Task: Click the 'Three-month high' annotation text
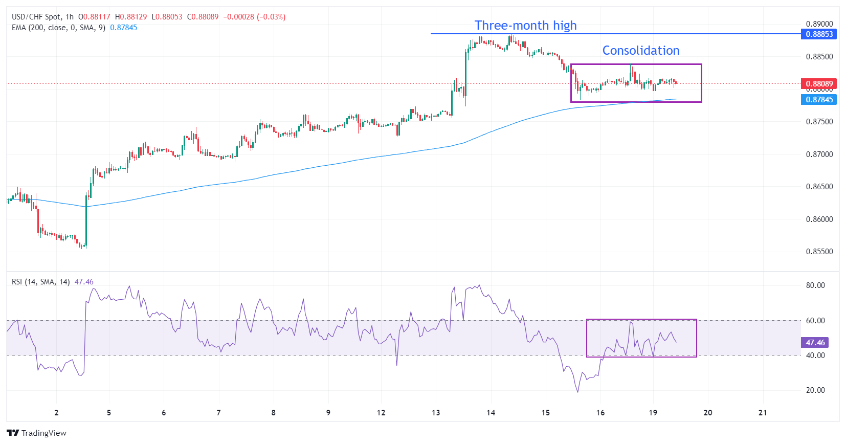tap(525, 26)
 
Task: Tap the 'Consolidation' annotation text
tap(640, 51)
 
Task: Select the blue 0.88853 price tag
tap(819, 34)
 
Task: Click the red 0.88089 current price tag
tap(819, 83)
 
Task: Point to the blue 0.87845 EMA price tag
tap(819, 100)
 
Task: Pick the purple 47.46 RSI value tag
tap(815, 343)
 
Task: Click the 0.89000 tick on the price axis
tap(819, 24)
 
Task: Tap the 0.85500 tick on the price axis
tap(819, 252)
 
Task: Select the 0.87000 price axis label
tap(819, 154)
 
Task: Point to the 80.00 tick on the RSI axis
tap(815, 285)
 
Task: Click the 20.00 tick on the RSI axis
tap(815, 390)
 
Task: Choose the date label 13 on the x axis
tap(436, 413)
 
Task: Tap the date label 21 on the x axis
tap(763, 413)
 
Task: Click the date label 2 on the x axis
tap(56, 413)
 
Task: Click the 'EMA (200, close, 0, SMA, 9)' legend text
tap(58, 28)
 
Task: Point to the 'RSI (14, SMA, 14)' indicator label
tap(41, 282)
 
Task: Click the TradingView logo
tap(37, 433)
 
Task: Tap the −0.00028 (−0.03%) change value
tap(254, 17)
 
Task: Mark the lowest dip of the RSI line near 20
tap(578, 392)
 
